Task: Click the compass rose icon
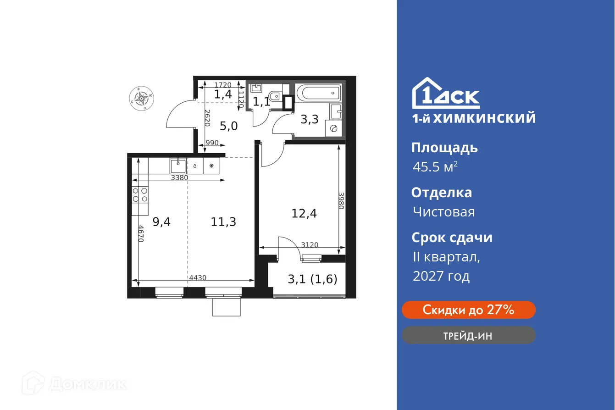(x=142, y=98)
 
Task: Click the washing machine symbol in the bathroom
(x=333, y=128)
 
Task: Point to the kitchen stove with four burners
(x=140, y=195)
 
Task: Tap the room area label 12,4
(x=305, y=213)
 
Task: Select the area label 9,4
(x=161, y=222)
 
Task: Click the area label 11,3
(x=223, y=222)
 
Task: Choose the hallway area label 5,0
(x=228, y=126)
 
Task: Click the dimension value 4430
(x=197, y=277)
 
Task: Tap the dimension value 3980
(x=341, y=200)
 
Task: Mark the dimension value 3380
(x=179, y=178)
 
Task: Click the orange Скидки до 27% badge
(x=468, y=310)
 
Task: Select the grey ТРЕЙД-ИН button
(x=468, y=335)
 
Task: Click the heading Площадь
(x=444, y=148)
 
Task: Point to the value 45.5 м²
(x=435, y=167)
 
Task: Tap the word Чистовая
(x=443, y=212)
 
